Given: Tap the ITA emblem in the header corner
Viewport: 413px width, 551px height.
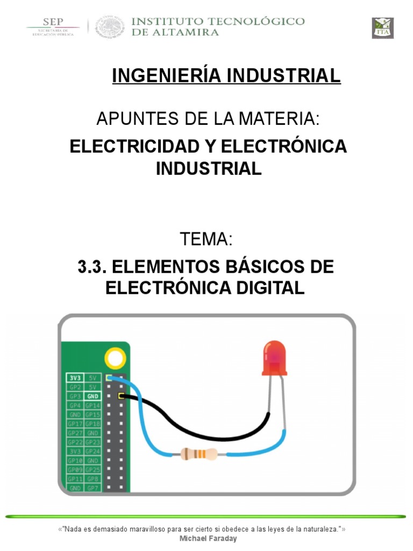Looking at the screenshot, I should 383,28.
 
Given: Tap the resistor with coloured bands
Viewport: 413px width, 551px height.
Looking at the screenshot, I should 198,454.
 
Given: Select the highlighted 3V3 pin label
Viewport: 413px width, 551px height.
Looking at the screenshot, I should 74,378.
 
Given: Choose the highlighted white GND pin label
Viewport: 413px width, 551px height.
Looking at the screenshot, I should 92,396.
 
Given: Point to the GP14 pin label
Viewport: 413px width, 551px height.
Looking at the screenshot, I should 92,405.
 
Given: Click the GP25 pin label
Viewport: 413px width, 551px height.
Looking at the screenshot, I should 92,469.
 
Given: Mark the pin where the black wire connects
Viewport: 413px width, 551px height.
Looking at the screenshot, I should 120,397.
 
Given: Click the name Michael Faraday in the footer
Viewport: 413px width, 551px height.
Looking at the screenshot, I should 206,539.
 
